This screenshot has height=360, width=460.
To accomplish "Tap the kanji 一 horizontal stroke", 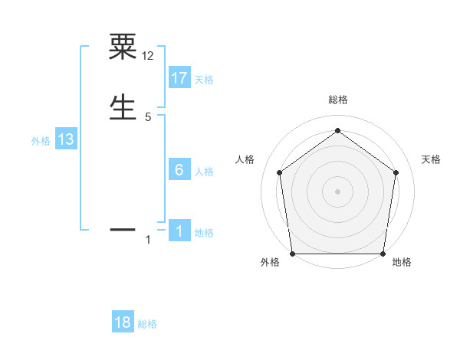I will pyautogui.click(x=123, y=228).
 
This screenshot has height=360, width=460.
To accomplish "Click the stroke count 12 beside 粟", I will pyautogui.click(x=148, y=55).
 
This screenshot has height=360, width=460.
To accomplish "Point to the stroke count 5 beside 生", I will pyautogui.click(x=148, y=116).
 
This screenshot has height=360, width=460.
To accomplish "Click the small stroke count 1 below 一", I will pyautogui.click(x=148, y=241).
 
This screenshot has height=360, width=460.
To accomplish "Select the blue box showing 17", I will pyautogui.click(x=179, y=78).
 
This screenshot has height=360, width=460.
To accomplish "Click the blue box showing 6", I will pyautogui.click(x=179, y=170).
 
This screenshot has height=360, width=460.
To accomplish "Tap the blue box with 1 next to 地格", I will pyautogui.click(x=179, y=231).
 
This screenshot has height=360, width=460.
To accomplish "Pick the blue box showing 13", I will pyautogui.click(x=66, y=139).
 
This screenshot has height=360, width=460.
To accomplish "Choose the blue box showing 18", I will pyautogui.click(x=123, y=322).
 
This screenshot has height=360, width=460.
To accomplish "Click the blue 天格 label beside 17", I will pyautogui.click(x=204, y=80).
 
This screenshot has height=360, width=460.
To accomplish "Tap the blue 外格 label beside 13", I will pyautogui.click(x=41, y=141).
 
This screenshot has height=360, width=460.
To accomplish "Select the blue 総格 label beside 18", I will pyautogui.click(x=148, y=324).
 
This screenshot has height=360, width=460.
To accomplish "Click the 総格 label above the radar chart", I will pyautogui.click(x=337, y=100).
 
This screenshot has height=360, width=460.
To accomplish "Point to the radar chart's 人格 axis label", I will pyautogui.click(x=245, y=159).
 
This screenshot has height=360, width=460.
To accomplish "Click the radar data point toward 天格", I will pyautogui.click(x=396, y=172).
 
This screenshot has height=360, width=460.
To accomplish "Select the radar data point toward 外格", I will pyautogui.click(x=293, y=254).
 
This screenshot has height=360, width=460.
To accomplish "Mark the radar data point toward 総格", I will pyautogui.click(x=337, y=130).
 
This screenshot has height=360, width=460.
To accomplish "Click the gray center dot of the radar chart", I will pyautogui.click(x=337, y=191).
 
